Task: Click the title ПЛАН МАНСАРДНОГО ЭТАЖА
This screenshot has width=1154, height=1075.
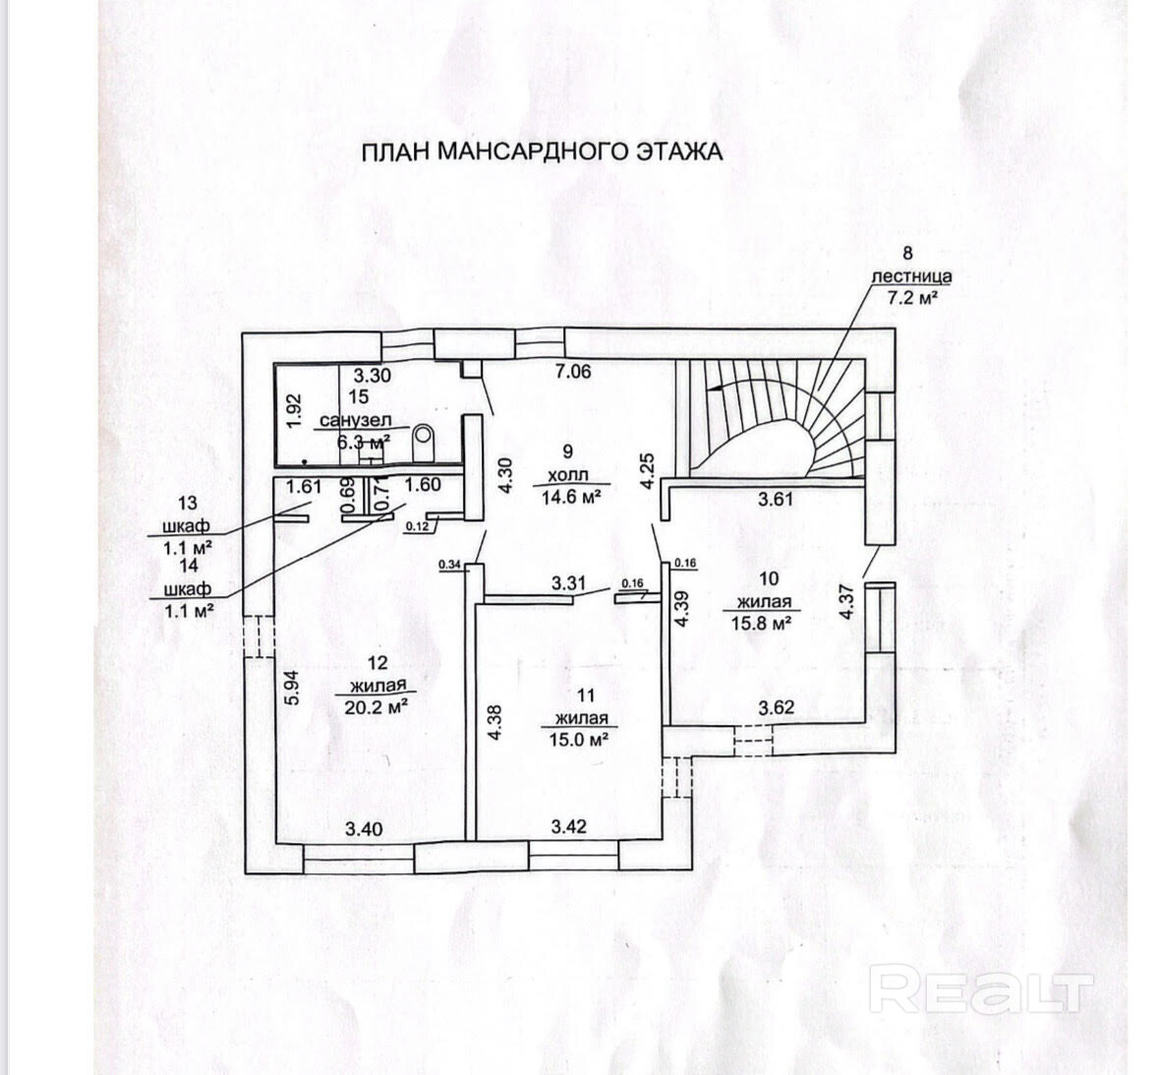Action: [542, 152]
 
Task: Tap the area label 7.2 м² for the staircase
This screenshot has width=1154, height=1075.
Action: [911, 298]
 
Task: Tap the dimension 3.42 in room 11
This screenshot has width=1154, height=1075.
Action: [568, 826]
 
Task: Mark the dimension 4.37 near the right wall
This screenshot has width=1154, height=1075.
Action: [847, 601]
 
